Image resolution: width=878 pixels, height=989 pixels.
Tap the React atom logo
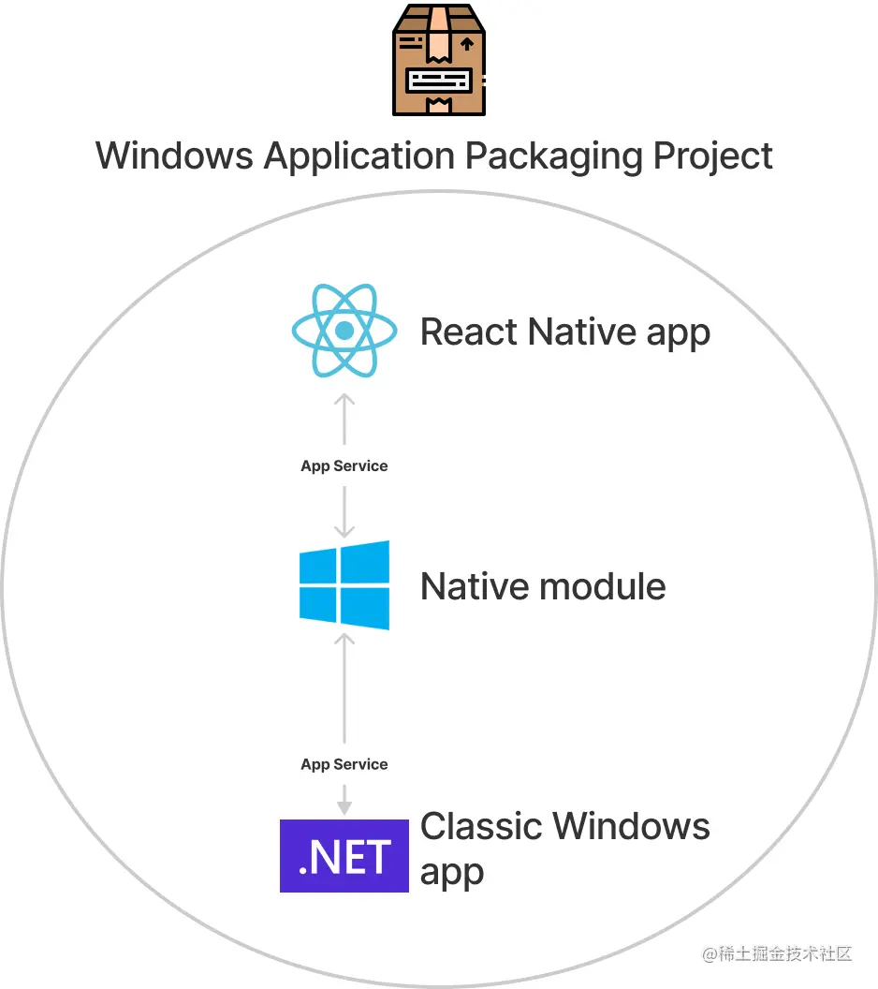coord(344,330)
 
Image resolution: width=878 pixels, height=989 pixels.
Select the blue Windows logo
coord(344,585)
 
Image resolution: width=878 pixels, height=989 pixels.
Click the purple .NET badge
coord(344,855)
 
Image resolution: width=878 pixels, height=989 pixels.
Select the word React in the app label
coord(470,332)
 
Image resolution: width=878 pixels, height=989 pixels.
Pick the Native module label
coord(543,587)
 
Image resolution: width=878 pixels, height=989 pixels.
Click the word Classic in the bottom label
coord(480,827)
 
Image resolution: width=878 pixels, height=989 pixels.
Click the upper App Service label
coord(344,465)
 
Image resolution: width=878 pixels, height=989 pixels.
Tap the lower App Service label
coord(344,764)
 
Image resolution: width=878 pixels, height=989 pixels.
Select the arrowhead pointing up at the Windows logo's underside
coord(344,640)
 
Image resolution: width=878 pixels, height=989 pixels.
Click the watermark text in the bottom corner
coord(777,953)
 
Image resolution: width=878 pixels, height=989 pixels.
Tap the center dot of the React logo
coord(344,330)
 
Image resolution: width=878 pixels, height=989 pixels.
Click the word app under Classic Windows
coord(452,872)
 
